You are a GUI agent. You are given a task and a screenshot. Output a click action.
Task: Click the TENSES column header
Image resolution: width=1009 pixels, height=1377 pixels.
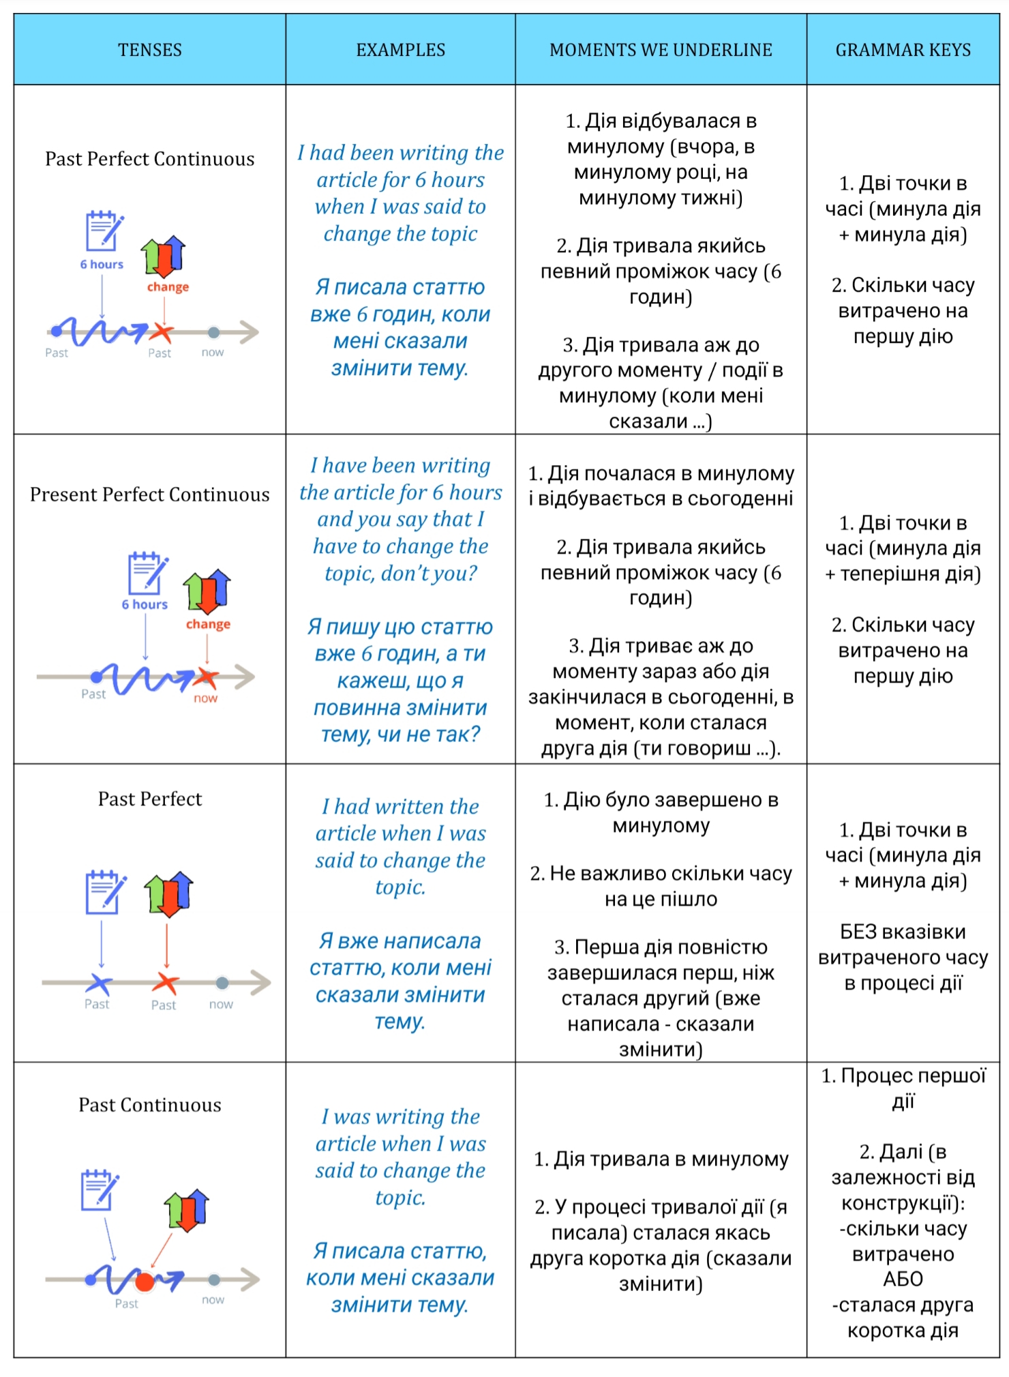149,50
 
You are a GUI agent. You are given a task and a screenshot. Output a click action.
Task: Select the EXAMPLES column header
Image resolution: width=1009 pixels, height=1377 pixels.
400,50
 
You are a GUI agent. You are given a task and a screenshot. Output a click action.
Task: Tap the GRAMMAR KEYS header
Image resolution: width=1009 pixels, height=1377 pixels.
903,50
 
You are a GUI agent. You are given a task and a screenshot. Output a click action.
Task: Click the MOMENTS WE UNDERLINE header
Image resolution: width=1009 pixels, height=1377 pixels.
661,50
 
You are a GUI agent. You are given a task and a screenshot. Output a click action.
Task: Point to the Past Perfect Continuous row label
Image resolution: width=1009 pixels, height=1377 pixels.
149,159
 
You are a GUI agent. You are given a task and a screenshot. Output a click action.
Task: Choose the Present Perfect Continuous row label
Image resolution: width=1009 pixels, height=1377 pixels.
149,494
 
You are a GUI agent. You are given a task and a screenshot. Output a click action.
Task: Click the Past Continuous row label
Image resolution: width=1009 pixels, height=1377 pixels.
149,1105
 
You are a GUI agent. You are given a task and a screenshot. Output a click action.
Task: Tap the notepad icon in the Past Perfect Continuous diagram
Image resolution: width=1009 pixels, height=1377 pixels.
104,231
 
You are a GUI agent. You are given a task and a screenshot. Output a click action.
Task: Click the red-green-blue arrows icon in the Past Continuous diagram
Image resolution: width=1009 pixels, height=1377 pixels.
186,1209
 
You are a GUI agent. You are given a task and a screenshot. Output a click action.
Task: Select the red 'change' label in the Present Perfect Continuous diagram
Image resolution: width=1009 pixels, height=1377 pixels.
208,624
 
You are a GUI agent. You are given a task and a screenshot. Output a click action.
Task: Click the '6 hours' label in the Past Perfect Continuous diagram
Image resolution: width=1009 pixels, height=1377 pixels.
102,265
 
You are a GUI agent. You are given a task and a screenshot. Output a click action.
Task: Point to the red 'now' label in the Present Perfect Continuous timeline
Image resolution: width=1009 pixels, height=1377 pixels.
205,698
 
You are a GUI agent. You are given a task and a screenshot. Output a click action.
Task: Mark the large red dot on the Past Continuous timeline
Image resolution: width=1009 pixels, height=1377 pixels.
145,1282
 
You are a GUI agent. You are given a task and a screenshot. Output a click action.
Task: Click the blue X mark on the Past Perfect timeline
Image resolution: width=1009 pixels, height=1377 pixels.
100,983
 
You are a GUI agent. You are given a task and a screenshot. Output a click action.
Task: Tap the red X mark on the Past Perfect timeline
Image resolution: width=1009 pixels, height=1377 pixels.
165,983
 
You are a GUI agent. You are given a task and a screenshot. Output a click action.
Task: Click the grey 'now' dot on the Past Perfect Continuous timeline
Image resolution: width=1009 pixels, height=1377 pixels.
214,332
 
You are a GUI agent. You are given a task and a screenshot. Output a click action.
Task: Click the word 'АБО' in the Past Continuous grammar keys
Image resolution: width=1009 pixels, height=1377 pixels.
903,1279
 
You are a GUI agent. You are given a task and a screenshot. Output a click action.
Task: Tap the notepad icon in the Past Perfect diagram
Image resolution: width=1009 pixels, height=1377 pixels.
104,892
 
